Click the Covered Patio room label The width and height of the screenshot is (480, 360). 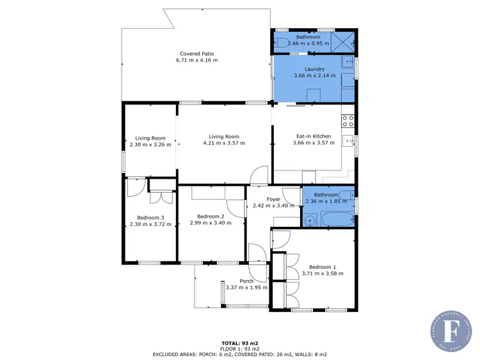coord(196,54)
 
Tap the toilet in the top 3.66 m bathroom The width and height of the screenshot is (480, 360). coord(283,43)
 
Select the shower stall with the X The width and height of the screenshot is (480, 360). coord(346,43)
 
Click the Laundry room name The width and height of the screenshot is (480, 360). coord(314,69)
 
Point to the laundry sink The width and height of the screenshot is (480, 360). coord(347,62)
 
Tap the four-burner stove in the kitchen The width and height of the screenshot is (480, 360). coord(348,119)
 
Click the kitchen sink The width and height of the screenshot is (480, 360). coord(349,141)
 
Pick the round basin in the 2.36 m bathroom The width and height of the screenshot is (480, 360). coord(310,219)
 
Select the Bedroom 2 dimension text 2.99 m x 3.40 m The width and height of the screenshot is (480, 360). coord(211,222)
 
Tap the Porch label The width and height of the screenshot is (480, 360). coord(246,281)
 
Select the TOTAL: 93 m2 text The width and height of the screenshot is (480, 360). coord(240,343)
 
